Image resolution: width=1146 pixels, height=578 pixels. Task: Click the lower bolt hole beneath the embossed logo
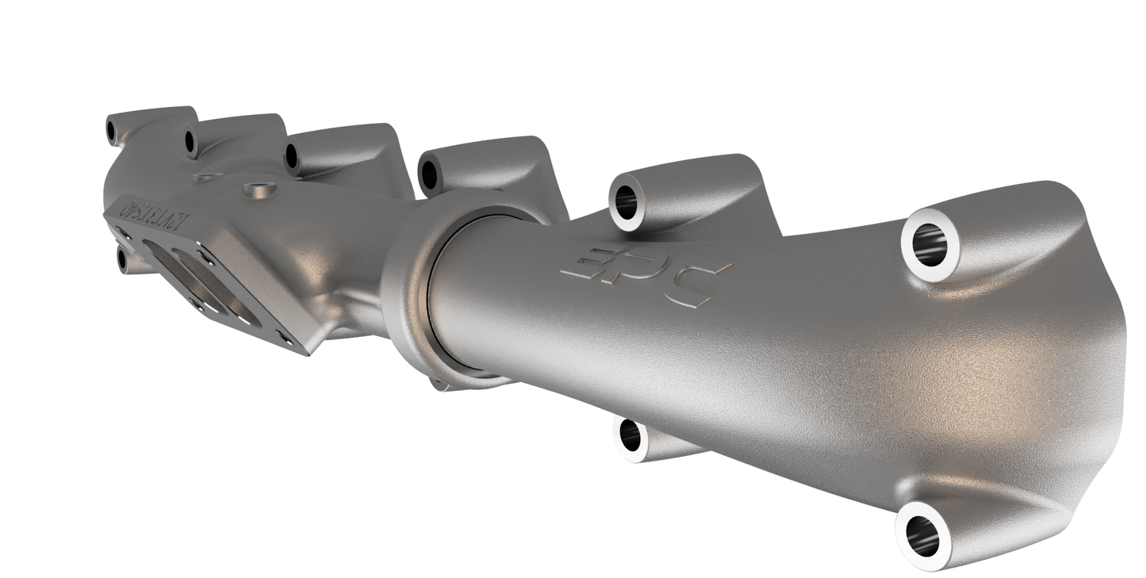tap(630, 435)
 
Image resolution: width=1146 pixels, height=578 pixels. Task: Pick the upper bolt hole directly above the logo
tap(627, 203)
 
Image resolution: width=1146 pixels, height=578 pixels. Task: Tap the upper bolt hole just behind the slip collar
tap(429, 174)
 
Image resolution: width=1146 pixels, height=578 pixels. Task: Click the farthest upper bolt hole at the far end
tap(112, 131)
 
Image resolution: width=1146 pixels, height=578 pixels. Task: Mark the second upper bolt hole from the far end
tap(190, 143)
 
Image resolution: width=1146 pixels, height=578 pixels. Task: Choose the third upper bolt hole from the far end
tap(292, 155)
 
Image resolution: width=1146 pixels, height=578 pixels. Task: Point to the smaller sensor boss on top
tap(206, 178)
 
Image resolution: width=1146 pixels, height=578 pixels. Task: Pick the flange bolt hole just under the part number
tap(123, 234)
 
